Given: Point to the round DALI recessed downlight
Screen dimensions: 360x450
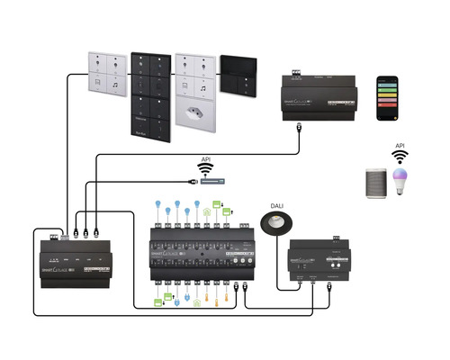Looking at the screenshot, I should pos(275,222).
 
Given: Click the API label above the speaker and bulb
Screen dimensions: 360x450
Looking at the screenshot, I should pos(400,145).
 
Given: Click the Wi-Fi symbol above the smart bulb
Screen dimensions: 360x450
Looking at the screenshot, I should pos(400,157).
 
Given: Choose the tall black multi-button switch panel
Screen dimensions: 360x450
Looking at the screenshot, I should pos(150,94).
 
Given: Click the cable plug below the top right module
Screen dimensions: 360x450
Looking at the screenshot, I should pos(297,129).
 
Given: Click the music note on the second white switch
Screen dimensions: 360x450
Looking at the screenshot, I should pos(204,87).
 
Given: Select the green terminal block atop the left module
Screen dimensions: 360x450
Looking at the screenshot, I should pos(53,235).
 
